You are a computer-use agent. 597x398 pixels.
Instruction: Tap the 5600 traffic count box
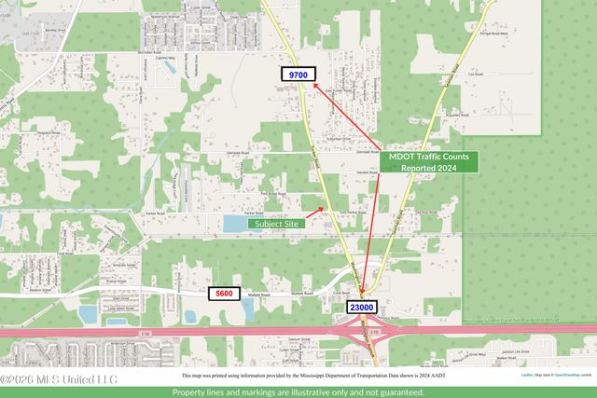(224, 294)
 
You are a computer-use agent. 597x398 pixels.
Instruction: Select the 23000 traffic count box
(362, 307)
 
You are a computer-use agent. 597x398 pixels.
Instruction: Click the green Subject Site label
(275, 224)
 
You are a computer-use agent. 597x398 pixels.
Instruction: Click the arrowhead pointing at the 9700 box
(315, 84)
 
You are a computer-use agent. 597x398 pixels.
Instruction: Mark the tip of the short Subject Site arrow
(326, 209)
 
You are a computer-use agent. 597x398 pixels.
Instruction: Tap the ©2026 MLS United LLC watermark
(58, 379)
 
